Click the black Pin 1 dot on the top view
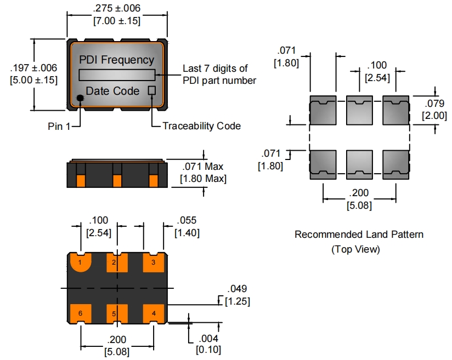(80, 98)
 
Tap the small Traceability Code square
(151, 90)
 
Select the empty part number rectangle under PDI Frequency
(117, 75)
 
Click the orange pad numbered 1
(81, 262)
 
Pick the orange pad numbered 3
(154, 262)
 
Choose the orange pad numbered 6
(81, 313)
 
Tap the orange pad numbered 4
(154, 313)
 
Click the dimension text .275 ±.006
(117, 8)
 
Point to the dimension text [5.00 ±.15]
(33, 80)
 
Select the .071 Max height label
(203, 167)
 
